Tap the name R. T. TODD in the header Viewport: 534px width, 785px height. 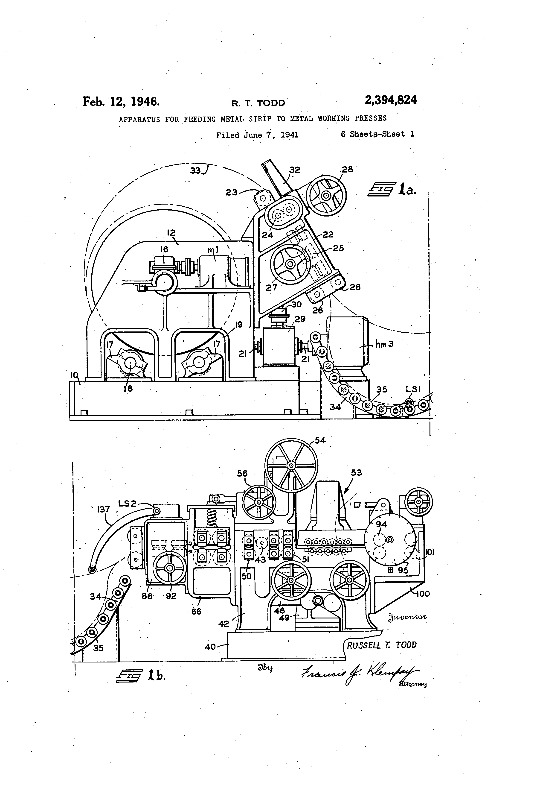click(x=258, y=103)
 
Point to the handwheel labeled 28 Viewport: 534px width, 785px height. click(x=326, y=195)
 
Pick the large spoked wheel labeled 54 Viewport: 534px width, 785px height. click(x=291, y=466)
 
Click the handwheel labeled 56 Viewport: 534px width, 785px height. click(x=259, y=502)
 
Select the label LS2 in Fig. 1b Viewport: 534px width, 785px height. click(x=127, y=503)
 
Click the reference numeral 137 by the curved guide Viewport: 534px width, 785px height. click(x=103, y=509)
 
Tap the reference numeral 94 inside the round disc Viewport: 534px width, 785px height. click(x=381, y=524)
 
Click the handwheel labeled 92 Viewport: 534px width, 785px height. click(x=169, y=568)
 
